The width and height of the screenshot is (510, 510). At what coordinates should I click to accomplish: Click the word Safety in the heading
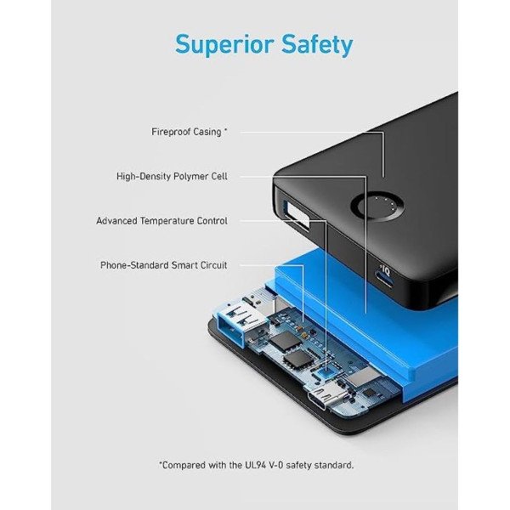[x=317, y=44]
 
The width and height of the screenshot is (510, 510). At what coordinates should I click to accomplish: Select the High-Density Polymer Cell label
[x=172, y=176]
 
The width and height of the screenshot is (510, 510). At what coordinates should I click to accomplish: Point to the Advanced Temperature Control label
[x=161, y=221]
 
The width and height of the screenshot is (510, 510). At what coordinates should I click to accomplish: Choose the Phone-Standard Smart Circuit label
[x=163, y=265]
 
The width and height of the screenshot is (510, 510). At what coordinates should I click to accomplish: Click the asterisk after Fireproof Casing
[x=225, y=130]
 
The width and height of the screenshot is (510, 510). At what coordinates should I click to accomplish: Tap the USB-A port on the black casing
[x=297, y=216]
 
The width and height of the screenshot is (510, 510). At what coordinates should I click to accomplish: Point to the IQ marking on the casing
[x=386, y=270]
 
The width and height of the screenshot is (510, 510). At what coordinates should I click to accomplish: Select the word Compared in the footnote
[x=183, y=466]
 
